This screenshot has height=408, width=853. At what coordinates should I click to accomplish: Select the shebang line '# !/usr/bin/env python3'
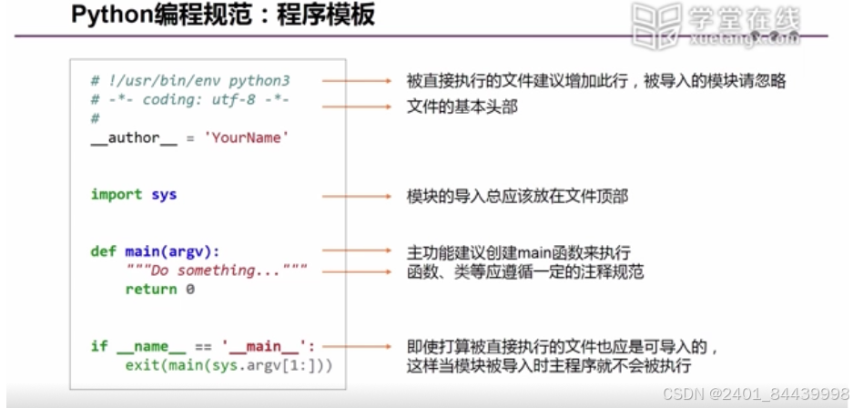point(190,81)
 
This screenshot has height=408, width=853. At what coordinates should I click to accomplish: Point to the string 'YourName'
point(246,138)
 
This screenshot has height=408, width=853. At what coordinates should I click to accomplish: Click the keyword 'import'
point(116,194)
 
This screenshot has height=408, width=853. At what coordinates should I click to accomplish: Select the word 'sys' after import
point(163,194)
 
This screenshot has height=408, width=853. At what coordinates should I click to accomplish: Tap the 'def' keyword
point(103,251)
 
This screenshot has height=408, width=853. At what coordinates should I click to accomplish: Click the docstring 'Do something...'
point(217,270)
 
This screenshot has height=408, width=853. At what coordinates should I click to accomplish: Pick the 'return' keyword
point(150,290)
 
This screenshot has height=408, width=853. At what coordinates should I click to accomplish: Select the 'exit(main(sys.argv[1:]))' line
point(229,365)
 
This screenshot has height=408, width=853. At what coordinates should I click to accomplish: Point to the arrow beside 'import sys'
point(355,195)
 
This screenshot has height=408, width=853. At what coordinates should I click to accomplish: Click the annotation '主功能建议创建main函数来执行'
point(518,251)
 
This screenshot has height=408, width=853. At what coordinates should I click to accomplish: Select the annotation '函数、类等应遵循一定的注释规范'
point(524,270)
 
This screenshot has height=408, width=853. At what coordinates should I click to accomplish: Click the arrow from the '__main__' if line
point(355,347)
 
